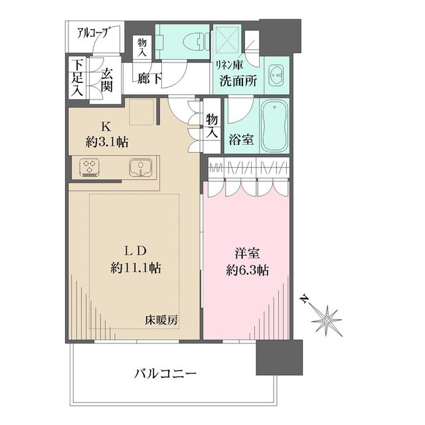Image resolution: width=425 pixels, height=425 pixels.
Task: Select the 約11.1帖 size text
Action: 137,269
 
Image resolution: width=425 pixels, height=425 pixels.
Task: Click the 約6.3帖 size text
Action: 246,270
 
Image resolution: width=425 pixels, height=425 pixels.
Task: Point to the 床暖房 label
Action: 162,319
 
